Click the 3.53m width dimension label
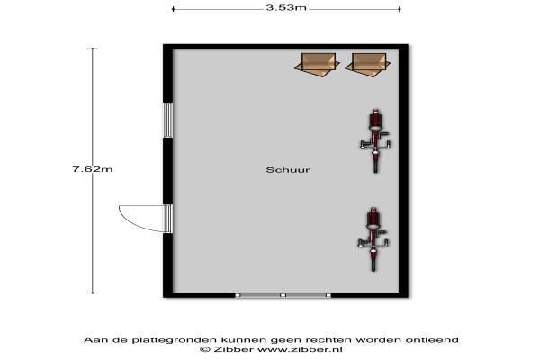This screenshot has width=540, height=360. point(286,7)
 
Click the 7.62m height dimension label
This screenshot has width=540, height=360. point(93,169)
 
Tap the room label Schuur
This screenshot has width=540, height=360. point(288,170)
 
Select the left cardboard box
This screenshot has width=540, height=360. point(317,65)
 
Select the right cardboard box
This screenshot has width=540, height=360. point(368,65)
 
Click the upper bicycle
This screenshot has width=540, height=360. point(375,140)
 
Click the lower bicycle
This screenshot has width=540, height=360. point(373,239)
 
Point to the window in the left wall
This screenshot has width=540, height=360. point(167,120)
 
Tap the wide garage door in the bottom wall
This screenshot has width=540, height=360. point(283,295)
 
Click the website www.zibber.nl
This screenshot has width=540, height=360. point(300,349)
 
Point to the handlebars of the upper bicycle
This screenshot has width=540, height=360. point(375,144)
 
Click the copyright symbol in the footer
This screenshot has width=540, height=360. point(205,349)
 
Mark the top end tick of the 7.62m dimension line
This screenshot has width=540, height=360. point(93,49)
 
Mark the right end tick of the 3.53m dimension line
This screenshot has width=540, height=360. point(400,9)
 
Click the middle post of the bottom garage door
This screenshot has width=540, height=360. point(283,295)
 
